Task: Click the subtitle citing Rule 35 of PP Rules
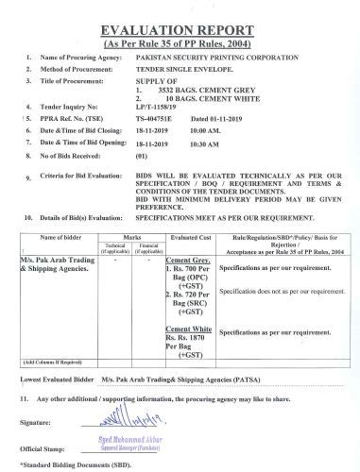(x=180, y=44)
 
